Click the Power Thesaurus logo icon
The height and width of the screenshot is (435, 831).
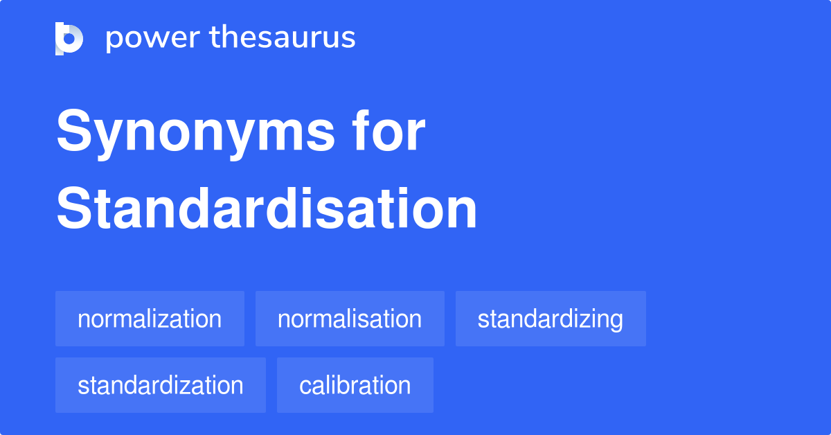point(69,38)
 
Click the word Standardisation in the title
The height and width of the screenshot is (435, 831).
point(267,209)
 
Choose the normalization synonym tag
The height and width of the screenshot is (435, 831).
point(150,319)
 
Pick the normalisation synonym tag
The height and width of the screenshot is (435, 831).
point(350,319)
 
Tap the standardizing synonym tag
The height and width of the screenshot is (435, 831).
point(551,319)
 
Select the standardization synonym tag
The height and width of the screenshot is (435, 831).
point(161,385)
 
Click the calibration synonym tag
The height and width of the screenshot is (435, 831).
point(355,385)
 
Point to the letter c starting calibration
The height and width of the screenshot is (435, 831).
point(305,386)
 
